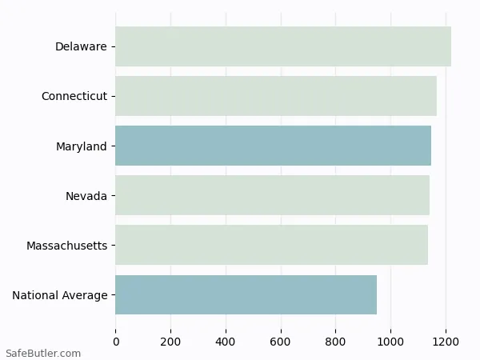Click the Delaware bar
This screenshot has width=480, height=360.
(x=283, y=46)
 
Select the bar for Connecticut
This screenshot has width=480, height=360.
(x=276, y=96)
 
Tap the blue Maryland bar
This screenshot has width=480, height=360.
(x=273, y=146)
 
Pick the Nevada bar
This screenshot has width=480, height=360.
(x=272, y=195)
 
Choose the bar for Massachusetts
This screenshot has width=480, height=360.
(x=271, y=245)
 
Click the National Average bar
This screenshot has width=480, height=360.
(x=246, y=294)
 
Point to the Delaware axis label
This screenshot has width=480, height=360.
(x=81, y=46)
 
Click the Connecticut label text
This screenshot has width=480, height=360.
(x=74, y=96)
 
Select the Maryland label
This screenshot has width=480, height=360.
(x=82, y=146)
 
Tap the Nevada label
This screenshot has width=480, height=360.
(x=86, y=195)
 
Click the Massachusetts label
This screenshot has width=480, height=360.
(x=66, y=245)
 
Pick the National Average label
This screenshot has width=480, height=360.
(x=60, y=295)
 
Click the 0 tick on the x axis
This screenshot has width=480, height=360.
(x=116, y=342)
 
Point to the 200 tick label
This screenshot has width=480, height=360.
(x=170, y=342)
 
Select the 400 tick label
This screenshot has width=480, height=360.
(x=226, y=342)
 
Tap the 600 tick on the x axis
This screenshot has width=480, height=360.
(x=281, y=342)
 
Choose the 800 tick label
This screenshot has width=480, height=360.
(x=335, y=342)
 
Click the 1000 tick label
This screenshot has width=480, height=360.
(x=390, y=342)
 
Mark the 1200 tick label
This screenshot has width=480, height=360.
(x=446, y=342)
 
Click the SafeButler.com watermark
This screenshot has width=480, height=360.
(x=43, y=353)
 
